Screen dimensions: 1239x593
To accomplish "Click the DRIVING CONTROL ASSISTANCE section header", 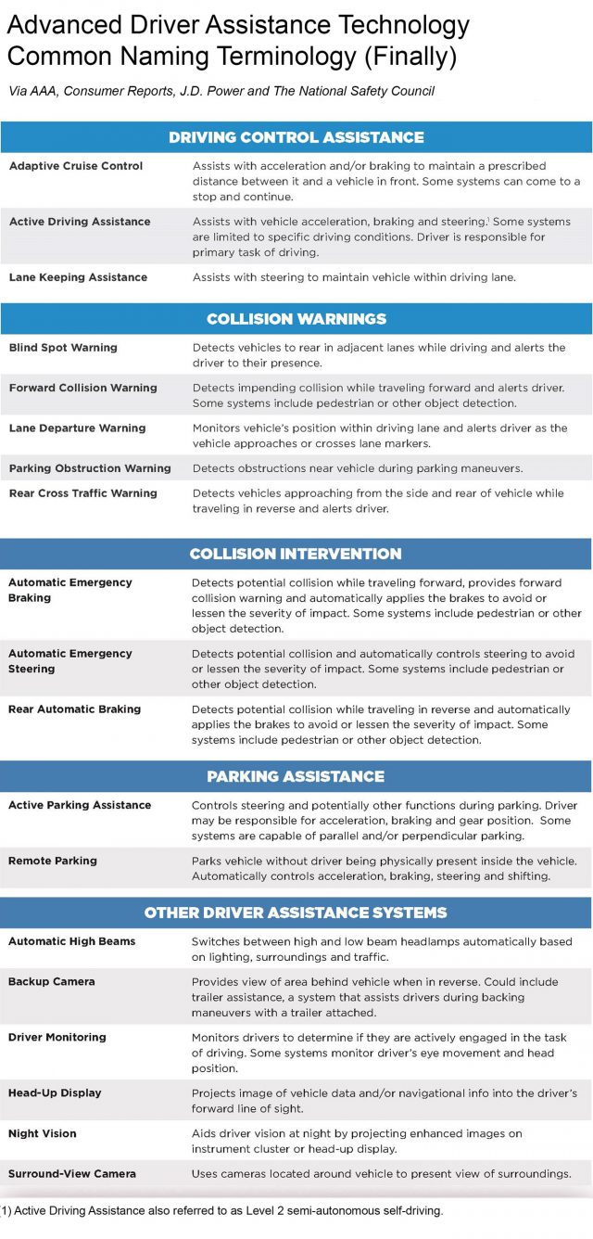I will [x=296, y=137].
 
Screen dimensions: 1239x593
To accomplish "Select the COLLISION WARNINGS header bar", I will [x=296, y=319].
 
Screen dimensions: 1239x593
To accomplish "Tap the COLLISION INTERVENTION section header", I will [x=296, y=554].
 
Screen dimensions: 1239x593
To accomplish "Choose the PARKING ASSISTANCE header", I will [x=296, y=776].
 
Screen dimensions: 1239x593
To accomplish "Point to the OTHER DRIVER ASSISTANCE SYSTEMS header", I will [x=296, y=913].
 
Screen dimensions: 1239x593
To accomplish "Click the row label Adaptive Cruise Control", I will [x=76, y=166].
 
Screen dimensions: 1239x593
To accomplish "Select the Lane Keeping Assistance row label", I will [x=78, y=277].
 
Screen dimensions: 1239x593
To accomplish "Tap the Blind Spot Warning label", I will [x=63, y=348].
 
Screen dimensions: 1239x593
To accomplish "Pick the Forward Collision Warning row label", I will [x=83, y=388].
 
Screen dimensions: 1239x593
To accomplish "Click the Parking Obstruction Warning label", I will [x=90, y=468].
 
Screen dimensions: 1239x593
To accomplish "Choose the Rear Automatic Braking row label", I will [x=75, y=709].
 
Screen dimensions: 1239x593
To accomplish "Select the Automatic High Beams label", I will [x=72, y=941].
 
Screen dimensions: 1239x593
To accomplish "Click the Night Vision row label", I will [x=43, y=1133].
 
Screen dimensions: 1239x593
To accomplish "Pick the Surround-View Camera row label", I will [x=72, y=1173].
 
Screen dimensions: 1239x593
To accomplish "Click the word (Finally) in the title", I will [x=407, y=56].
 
